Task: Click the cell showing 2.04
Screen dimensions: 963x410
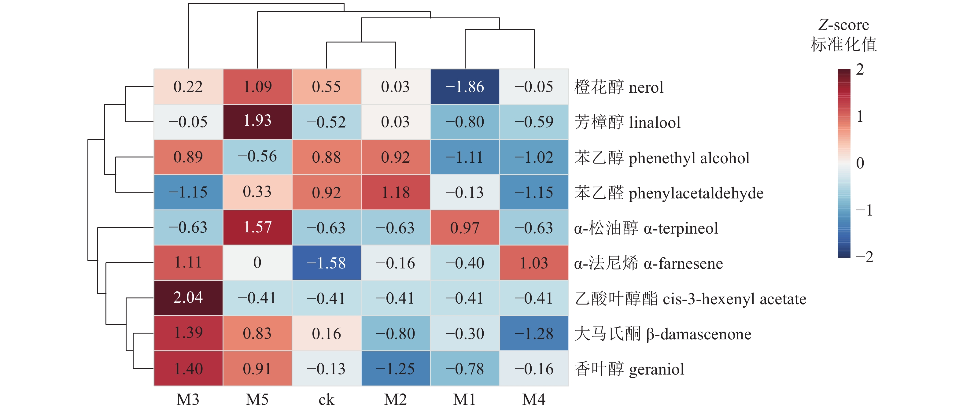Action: [188, 298]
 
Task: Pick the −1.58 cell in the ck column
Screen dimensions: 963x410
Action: [327, 263]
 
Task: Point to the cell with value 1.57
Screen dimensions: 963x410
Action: [257, 227]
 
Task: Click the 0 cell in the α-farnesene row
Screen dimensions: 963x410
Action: [257, 263]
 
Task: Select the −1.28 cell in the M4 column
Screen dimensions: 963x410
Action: [534, 333]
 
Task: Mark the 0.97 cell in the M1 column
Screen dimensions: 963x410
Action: [465, 227]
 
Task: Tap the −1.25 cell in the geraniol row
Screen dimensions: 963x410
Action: [396, 368]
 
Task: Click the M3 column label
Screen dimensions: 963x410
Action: [188, 400]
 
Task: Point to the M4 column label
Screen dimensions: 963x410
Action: [534, 400]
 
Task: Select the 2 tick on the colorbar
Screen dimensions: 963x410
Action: [860, 69]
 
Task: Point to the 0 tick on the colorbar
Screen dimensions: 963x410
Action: [860, 163]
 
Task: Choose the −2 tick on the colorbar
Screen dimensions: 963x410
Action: [864, 257]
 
